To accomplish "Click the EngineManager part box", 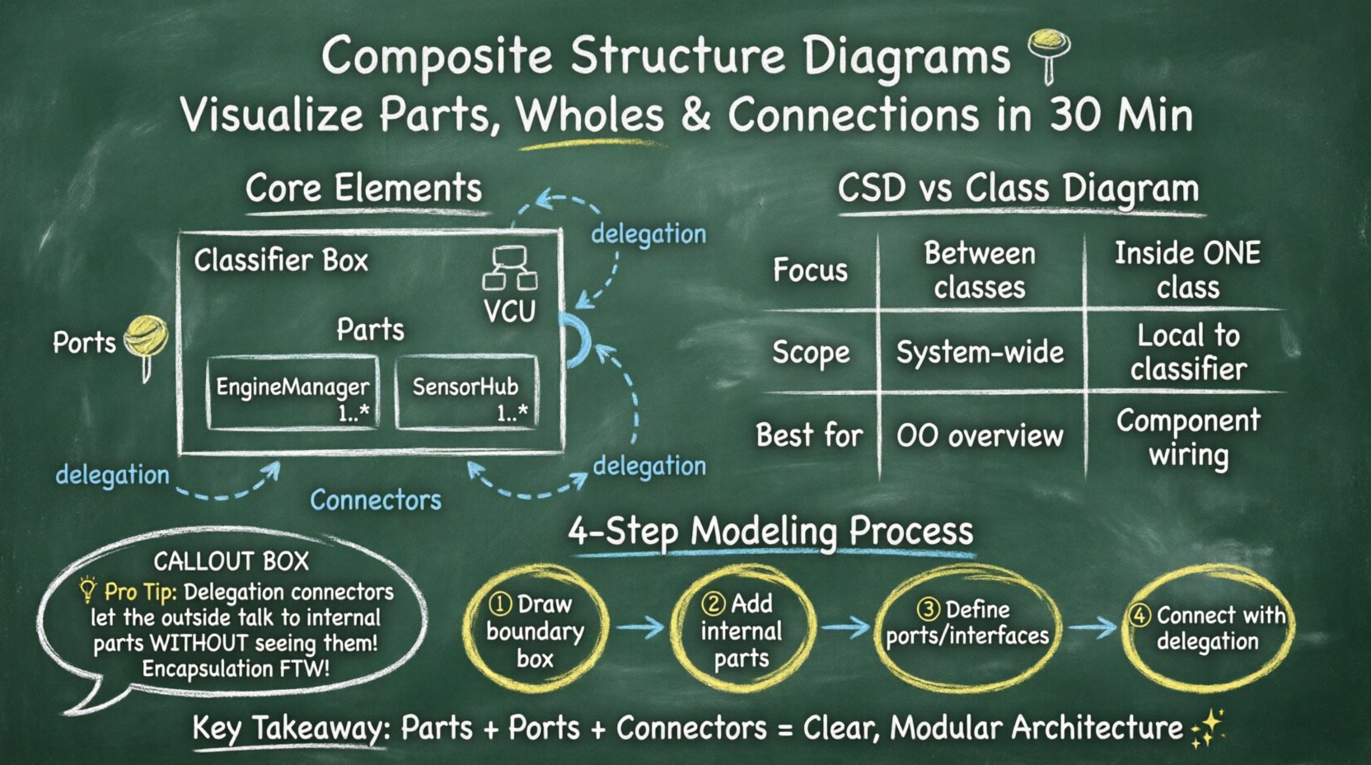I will [292, 393].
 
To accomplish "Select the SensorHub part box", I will [467, 393].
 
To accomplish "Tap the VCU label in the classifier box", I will [509, 312].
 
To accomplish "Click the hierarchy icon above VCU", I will [509, 268].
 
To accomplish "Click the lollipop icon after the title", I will [1049, 51].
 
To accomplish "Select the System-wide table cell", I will [980, 353].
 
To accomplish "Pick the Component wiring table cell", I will [1187, 437].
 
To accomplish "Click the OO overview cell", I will [980, 436].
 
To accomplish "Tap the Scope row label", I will [810, 353].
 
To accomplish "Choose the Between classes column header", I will [980, 270].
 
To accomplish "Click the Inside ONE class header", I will [1187, 270].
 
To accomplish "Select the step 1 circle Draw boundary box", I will [536, 631].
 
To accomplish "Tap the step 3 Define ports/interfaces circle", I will [967, 624].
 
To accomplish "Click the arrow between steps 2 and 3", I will [845, 627].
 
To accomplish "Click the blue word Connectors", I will [376, 500].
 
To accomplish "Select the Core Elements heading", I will [363, 189].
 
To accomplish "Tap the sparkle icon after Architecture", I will [1208, 728].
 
